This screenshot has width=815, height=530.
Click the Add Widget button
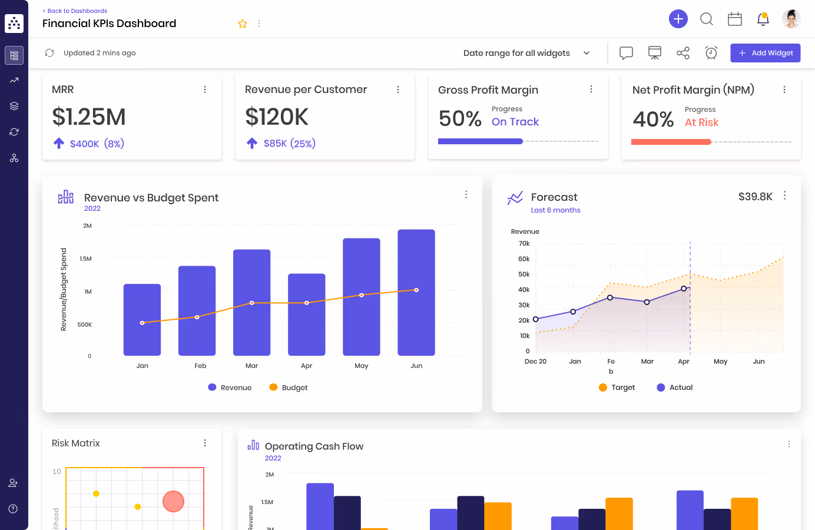(x=765, y=53)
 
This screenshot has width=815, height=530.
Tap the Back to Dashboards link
(x=75, y=11)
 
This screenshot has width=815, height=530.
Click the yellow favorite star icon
(x=243, y=24)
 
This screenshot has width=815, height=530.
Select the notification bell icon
(x=763, y=19)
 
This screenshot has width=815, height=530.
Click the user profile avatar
(x=791, y=19)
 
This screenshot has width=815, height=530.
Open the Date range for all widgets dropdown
(x=526, y=53)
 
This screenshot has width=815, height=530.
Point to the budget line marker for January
(x=142, y=323)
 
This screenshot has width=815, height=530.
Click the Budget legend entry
(x=289, y=387)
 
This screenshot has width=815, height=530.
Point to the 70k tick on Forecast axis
(x=524, y=243)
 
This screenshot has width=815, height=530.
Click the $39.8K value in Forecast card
(x=755, y=197)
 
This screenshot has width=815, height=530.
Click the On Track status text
(x=515, y=122)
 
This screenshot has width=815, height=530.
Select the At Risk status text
(x=701, y=122)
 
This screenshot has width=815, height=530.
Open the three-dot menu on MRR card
(x=205, y=90)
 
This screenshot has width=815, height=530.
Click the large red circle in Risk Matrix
(x=173, y=501)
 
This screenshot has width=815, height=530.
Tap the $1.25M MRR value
(x=89, y=117)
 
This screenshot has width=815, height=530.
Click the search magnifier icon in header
(x=706, y=19)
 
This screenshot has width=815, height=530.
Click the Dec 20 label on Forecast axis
(x=535, y=362)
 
